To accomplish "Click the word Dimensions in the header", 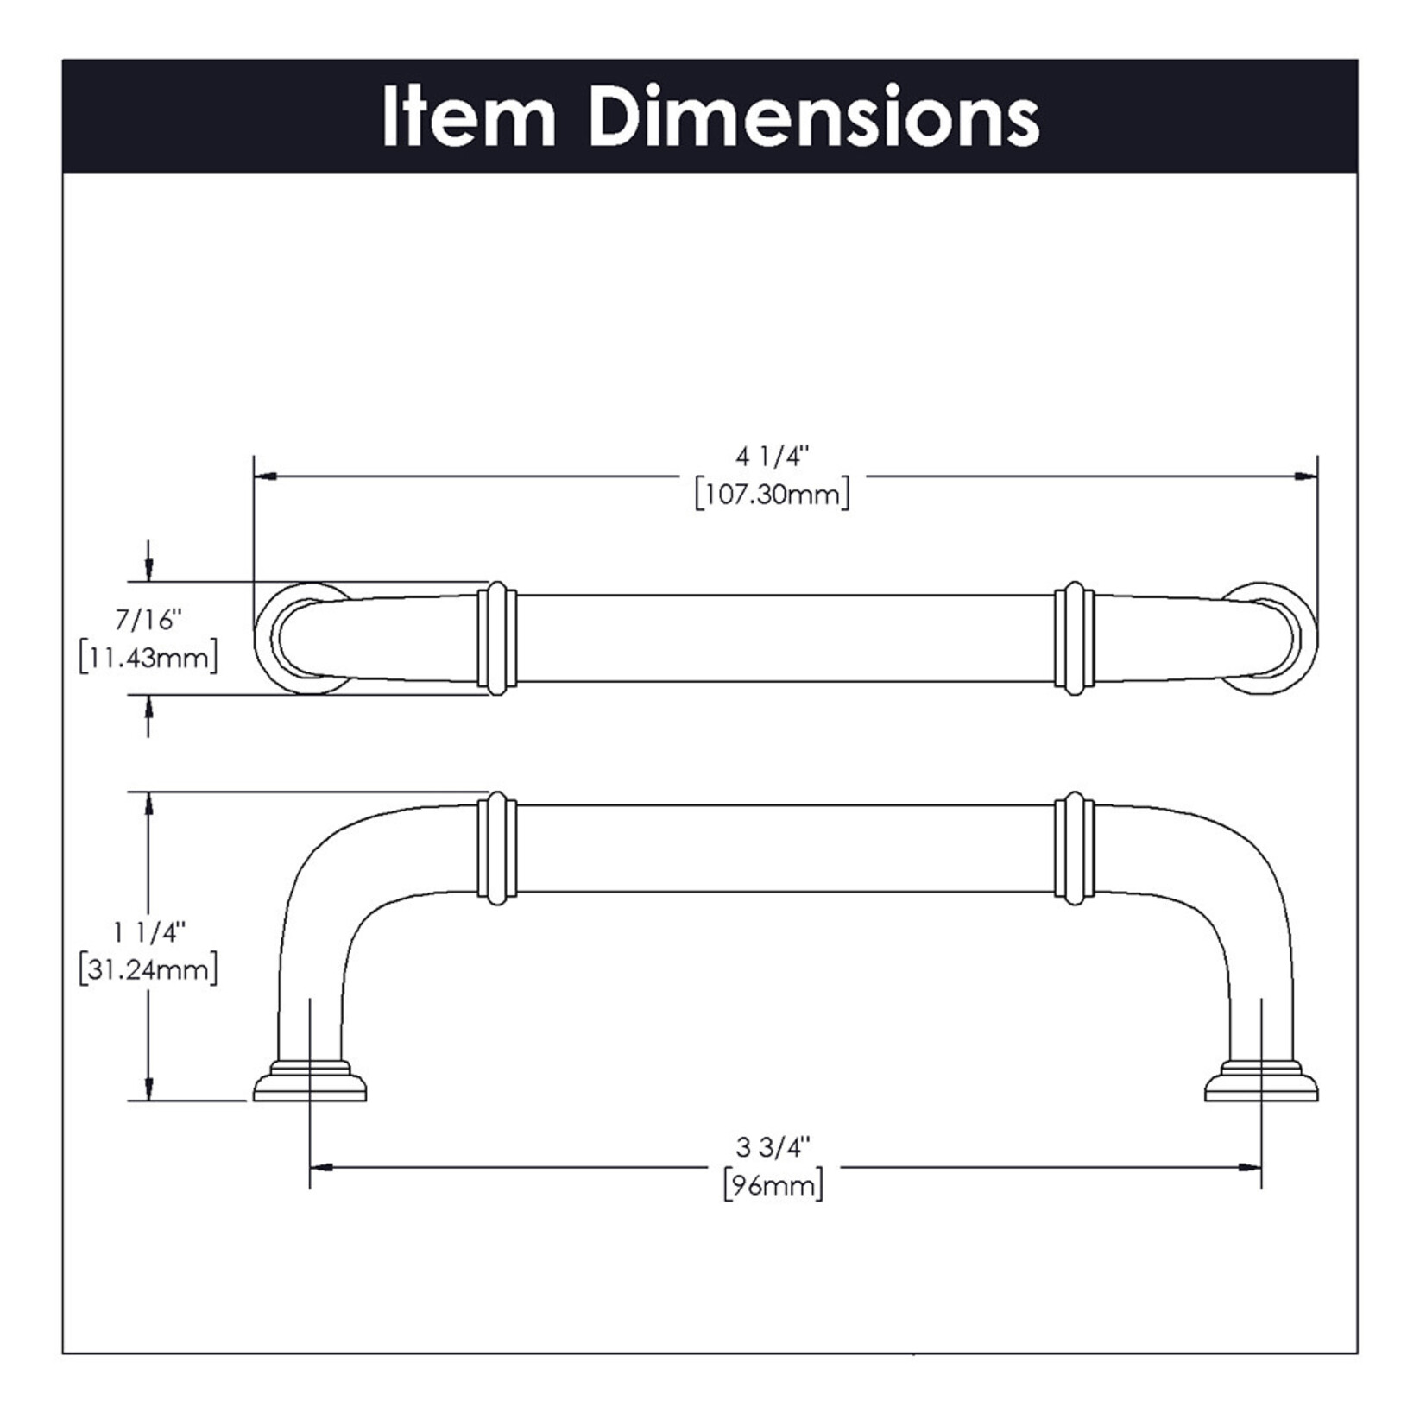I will click(x=814, y=117).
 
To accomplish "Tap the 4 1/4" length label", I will click(x=773, y=456).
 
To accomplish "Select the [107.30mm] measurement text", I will click(x=773, y=495).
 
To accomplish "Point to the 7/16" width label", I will click(x=148, y=620).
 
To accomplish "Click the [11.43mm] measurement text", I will click(x=148, y=658).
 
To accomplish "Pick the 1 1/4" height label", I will click(x=148, y=932).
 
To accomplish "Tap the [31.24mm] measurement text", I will click(x=148, y=969).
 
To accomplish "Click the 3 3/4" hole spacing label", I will click(x=773, y=1147).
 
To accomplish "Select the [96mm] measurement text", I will click(x=773, y=1185).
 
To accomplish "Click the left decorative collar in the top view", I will click(x=497, y=638).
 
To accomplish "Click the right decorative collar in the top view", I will click(x=1075, y=638).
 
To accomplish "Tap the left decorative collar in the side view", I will click(x=497, y=848).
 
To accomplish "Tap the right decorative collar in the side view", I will click(x=1075, y=848).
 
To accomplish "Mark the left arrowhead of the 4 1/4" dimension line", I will click(x=265, y=476).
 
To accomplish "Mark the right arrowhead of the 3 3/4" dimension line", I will click(x=1249, y=1168).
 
